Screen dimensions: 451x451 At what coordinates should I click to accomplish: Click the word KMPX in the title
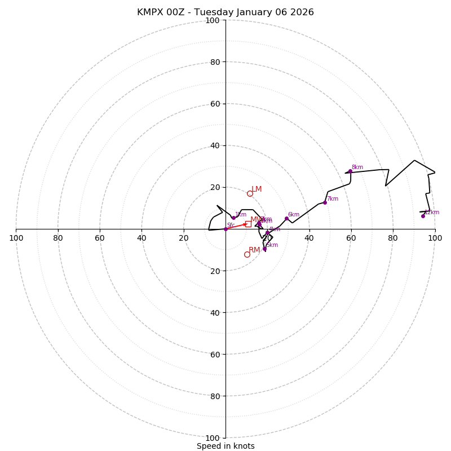[149, 12]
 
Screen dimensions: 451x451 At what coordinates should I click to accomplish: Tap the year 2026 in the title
[302, 12]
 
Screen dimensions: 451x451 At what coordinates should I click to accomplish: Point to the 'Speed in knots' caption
[225, 446]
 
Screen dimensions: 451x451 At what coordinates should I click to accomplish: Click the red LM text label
[257, 189]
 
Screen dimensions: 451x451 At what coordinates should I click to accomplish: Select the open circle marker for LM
[250, 193]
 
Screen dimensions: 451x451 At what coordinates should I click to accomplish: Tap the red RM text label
[254, 250]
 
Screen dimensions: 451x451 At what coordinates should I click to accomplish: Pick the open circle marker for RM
[247, 254]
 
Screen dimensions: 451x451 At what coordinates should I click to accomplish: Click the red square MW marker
[248, 224]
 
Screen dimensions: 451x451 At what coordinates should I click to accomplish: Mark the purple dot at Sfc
[225, 229]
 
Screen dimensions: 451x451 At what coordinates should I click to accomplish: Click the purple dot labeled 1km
[233, 218]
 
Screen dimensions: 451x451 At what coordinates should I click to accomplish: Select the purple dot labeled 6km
[286, 218]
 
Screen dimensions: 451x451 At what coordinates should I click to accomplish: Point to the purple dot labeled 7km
[325, 202]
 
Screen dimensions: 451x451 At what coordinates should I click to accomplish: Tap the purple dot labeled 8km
[350, 171]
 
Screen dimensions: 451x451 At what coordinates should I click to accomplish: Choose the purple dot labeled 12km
[423, 216]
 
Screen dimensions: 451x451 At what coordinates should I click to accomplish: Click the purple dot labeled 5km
[264, 249]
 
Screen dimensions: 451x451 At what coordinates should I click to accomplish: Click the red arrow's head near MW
[246, 224]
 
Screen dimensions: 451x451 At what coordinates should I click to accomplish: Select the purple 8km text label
[357, 167]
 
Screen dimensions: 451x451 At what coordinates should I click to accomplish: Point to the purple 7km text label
[333, 198]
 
